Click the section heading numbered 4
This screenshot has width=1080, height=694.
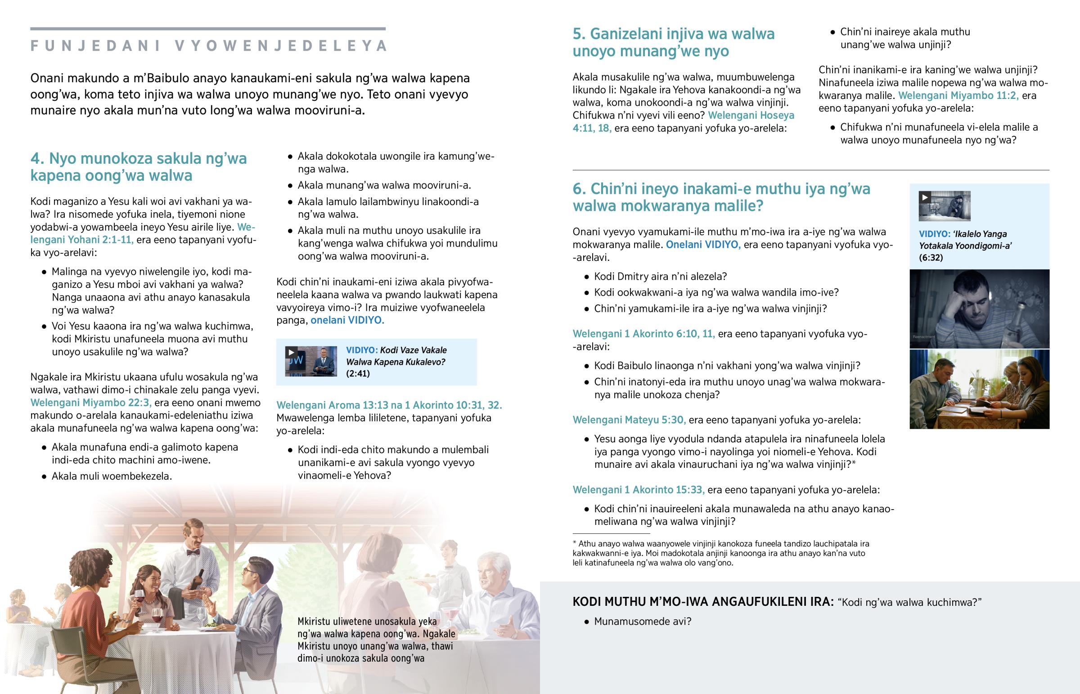(139, 167)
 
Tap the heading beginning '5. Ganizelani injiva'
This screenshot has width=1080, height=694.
(673, 42)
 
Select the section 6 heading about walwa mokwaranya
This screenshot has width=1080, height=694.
(721, 197)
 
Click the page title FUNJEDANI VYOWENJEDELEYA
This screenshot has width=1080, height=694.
(208, 46)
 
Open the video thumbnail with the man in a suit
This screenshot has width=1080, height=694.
(311, 362)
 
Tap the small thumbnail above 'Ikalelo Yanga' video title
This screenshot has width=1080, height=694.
(944, 206)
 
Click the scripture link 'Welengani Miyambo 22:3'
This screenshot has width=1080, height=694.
(90, 403)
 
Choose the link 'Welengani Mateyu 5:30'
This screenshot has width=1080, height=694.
(629, 420)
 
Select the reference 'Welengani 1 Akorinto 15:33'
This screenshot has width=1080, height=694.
(639, 490)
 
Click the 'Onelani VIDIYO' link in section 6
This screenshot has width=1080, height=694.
(703, 245)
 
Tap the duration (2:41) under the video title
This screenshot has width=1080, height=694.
(358, 374)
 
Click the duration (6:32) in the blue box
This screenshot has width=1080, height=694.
(931, 258)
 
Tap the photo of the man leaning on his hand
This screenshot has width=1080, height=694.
(979, 309)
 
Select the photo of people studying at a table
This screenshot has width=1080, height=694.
(979, 390)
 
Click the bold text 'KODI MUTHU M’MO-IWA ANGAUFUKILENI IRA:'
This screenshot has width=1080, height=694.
(703, 602)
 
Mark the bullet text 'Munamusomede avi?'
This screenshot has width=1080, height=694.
(642, 622)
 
